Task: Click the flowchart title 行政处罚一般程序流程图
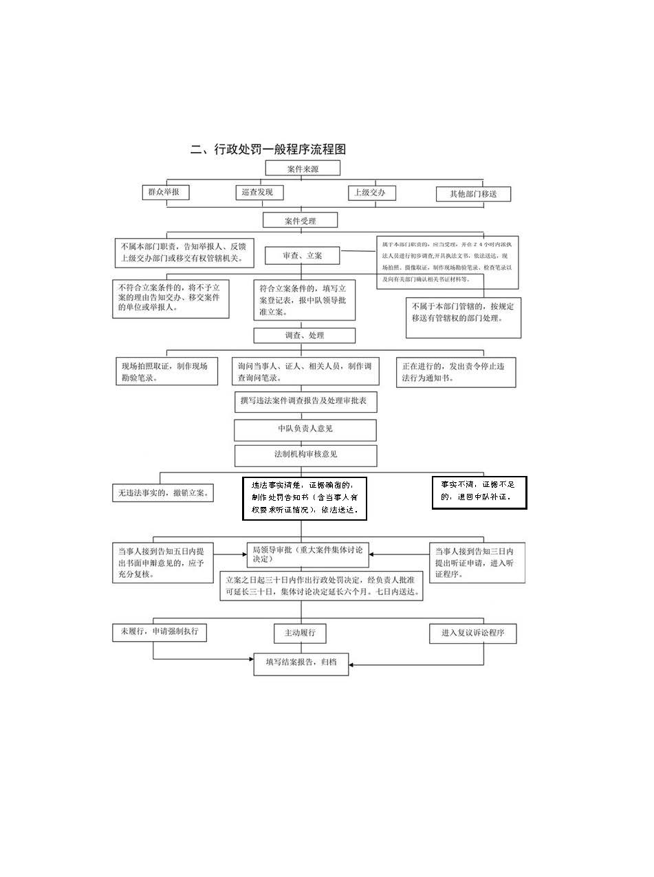pos(268,149)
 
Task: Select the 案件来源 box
pos(303,169)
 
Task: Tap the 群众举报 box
pos(164,192)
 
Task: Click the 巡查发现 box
pos(258,192)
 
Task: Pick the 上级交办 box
pos(371,193)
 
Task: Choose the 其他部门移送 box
pos(474,194)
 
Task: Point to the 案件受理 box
pos(301,220)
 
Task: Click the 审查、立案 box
pos(303,255)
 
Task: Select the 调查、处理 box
pos(305,336)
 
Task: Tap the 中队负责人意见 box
pos(305,429)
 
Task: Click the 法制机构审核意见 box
pos(305,455)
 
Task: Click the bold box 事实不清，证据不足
pos(479,492)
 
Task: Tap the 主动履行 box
pos(300,633)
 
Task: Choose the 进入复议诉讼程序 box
pos(472,634)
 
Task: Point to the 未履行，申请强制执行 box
pos(159,631)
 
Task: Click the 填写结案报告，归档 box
pos(301,663)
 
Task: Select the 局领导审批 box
pos(307,554)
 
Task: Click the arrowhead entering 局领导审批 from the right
pos(373,554)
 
